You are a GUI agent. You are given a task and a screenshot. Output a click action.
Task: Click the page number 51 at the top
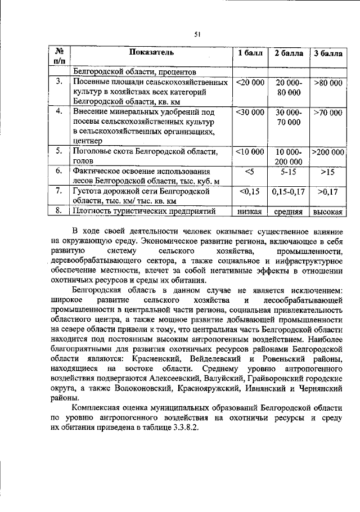197,34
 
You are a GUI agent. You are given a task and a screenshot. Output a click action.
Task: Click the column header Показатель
151,53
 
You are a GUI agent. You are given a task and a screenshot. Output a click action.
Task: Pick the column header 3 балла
327,53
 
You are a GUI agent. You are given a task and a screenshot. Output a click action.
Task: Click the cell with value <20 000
250,83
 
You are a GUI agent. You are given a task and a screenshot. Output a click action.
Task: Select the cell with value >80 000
327,83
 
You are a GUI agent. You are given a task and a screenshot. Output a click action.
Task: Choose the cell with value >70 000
327,113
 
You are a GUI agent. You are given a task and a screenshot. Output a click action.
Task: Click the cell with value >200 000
327,152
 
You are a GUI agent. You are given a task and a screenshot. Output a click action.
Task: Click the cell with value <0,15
250,192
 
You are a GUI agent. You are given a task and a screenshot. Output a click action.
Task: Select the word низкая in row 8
250,212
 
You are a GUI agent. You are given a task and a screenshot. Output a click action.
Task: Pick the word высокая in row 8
327,212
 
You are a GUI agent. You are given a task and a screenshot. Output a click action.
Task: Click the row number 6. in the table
58,171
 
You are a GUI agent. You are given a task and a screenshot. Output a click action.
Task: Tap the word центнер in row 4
88,141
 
